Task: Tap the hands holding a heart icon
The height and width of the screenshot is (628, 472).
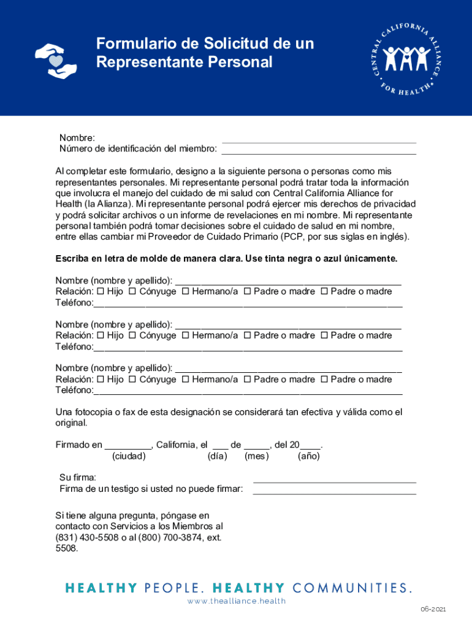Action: [56, 59]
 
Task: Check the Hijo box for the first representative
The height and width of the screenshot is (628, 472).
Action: [101, 291]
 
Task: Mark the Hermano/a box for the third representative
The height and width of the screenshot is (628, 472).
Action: [185, 380]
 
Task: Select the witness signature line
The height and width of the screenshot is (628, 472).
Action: [335, 492]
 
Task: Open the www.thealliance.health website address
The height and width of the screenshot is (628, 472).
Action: [237, 601]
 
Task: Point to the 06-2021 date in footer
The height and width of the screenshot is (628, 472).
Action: [433, 609]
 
